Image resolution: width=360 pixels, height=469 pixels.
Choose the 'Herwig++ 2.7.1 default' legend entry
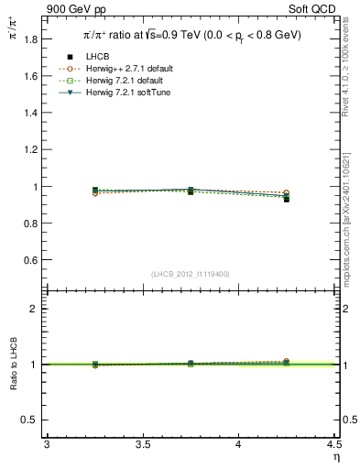(x=134, y=69)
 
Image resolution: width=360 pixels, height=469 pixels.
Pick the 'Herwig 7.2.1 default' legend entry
(x=131, y=81)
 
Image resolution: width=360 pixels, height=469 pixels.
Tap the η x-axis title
(x=335, y=456)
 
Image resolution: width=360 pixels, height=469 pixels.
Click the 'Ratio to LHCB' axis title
(x=13, y=365)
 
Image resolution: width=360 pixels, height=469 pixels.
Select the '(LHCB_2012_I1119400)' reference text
(x=191, y=274)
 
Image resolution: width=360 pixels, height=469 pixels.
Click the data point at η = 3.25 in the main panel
(x=95, y=190)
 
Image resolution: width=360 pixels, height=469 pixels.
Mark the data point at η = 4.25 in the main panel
(x=287, y=199)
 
